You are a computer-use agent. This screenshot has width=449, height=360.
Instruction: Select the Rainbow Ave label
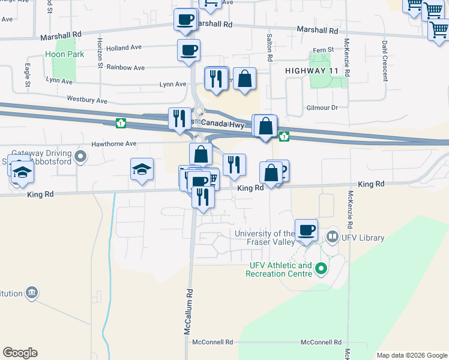tap(125, 68)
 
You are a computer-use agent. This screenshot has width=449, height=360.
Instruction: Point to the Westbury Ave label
tap(87, 100)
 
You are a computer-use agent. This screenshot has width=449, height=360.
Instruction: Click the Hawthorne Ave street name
tap(114, 144)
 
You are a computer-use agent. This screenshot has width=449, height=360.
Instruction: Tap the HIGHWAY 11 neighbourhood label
tap(309, 71)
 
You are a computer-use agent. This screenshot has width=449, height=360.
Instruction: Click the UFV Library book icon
tap(332, 238)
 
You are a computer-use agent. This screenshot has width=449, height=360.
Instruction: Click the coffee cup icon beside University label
tap(306, 230)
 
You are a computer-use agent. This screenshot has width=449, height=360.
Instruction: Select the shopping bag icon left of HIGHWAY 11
tap(245, 79)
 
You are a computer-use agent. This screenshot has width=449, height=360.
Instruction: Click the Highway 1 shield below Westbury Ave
tap(121, 123)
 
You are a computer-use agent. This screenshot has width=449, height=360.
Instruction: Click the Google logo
tap(20, 353)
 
